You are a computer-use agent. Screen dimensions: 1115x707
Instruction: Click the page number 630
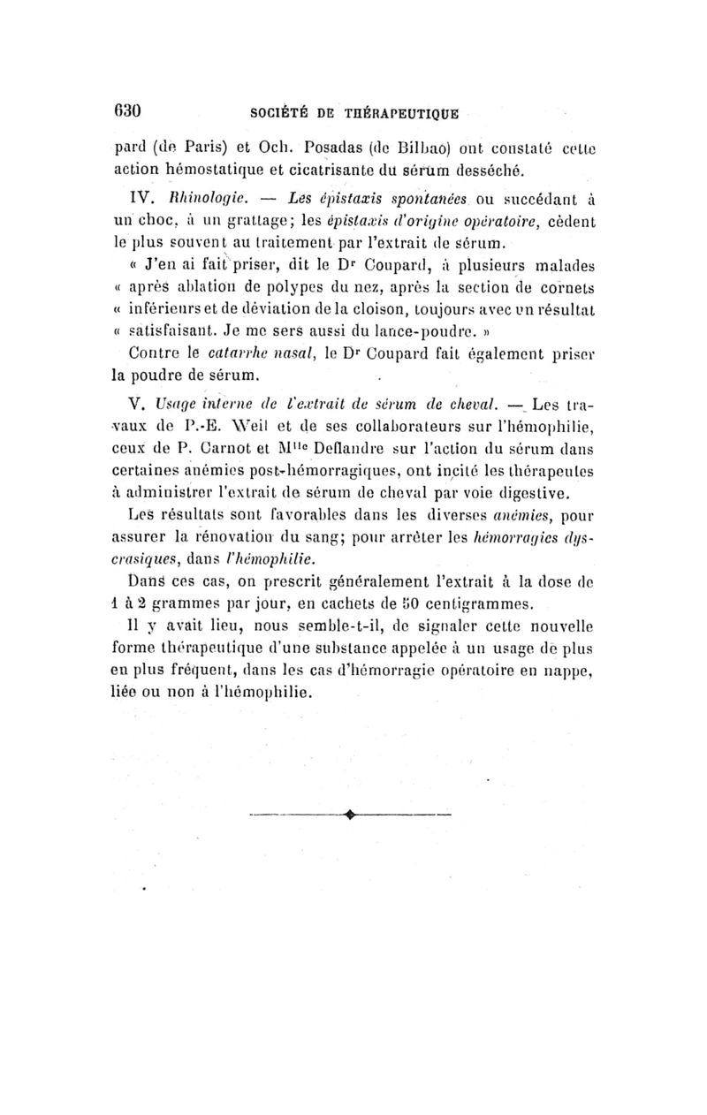[129, 111]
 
